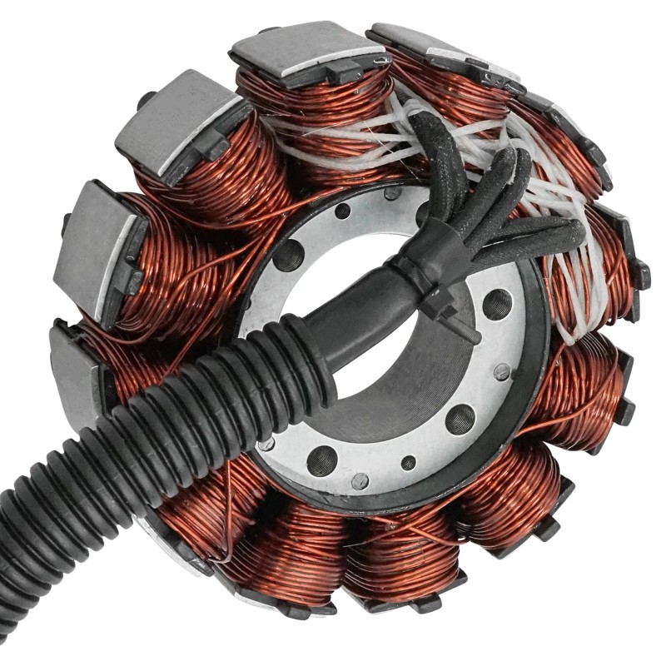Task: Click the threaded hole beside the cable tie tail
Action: pos(497,303)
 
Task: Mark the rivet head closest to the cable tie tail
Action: pos(501,371)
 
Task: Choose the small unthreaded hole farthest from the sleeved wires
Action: pos(408,463)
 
